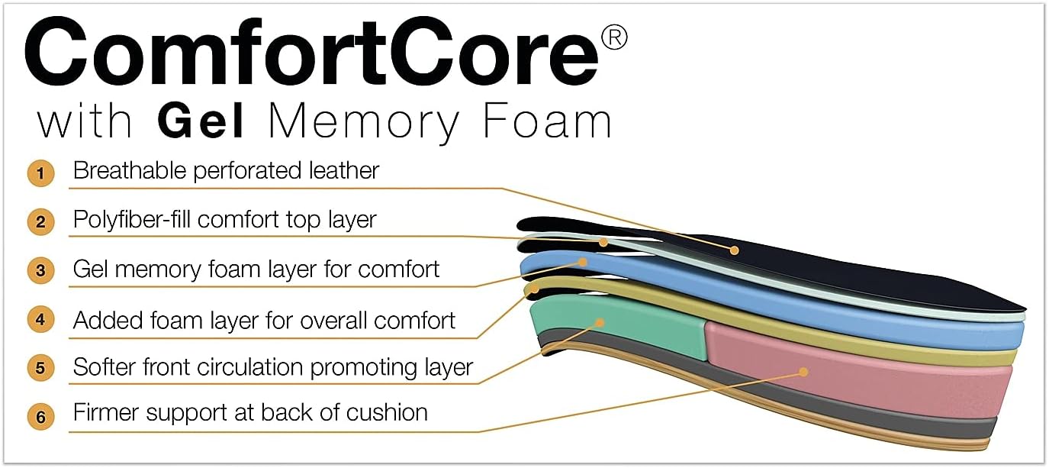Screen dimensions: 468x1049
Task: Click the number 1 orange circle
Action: tap(40, 173)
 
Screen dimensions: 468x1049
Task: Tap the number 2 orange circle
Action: tap(40, 222)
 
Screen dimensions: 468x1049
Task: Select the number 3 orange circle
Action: tap(40, 270)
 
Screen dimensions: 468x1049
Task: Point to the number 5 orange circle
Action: tap(40, 368)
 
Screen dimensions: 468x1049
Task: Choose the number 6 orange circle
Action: tap(40, 417)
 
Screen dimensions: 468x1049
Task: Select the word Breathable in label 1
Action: tap(130, 170)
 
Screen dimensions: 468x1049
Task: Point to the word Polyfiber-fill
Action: tap(132, 220)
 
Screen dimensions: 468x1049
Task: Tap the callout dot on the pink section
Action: tap(803, 372)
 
